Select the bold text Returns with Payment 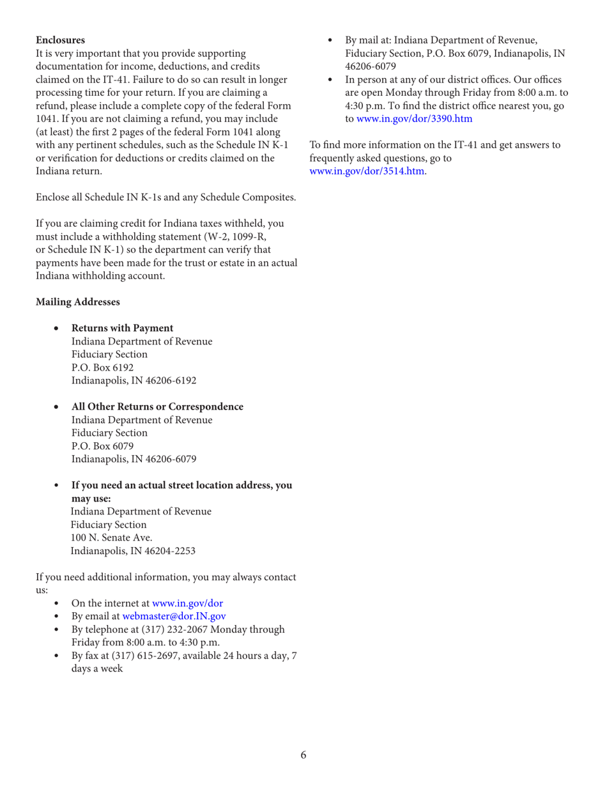pyautogui.click(x=122, y=328)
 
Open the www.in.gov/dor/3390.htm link pyautogui.click(x=414, y=118)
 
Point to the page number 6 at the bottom pyautogui.click(x=303, y=755)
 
